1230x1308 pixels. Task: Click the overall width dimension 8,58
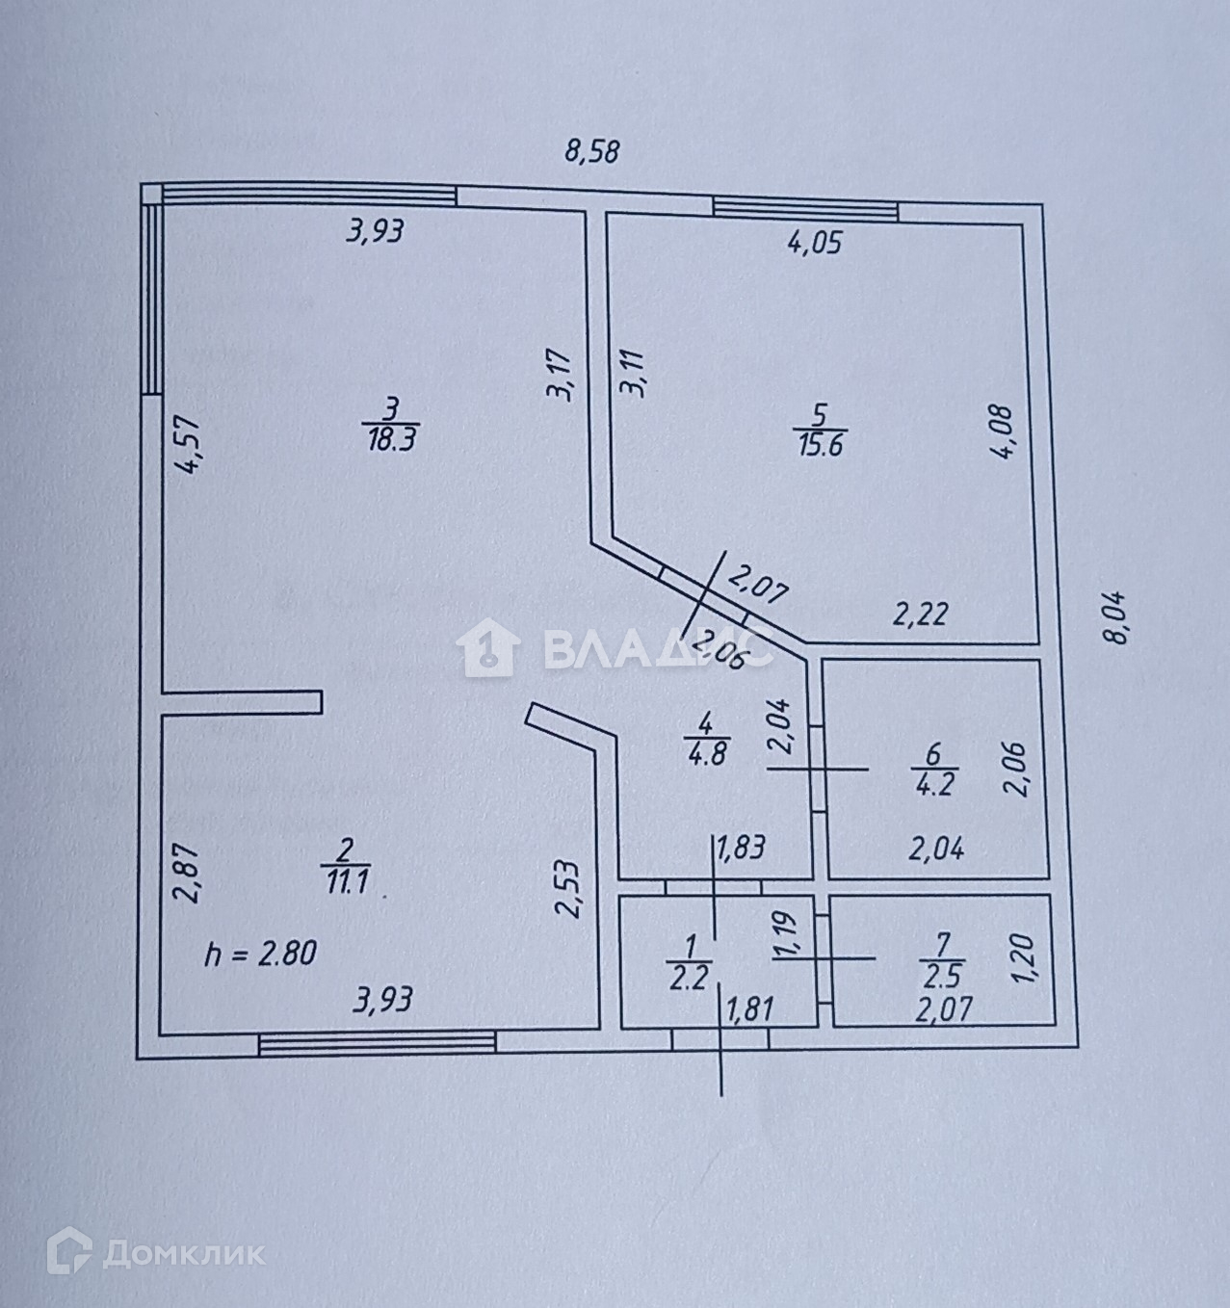click(x=591, y=152)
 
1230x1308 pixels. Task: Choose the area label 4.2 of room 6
click(x=931, y=783)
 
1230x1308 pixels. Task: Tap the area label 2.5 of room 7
click(x=941, y=977)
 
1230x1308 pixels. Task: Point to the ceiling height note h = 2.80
click(x=261, y=955)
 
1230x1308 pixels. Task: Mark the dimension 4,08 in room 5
click(x=1002, y=432)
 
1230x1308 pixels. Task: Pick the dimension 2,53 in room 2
click(x=569, y=889)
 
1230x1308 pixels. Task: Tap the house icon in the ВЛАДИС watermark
click(x=489, y=649)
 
